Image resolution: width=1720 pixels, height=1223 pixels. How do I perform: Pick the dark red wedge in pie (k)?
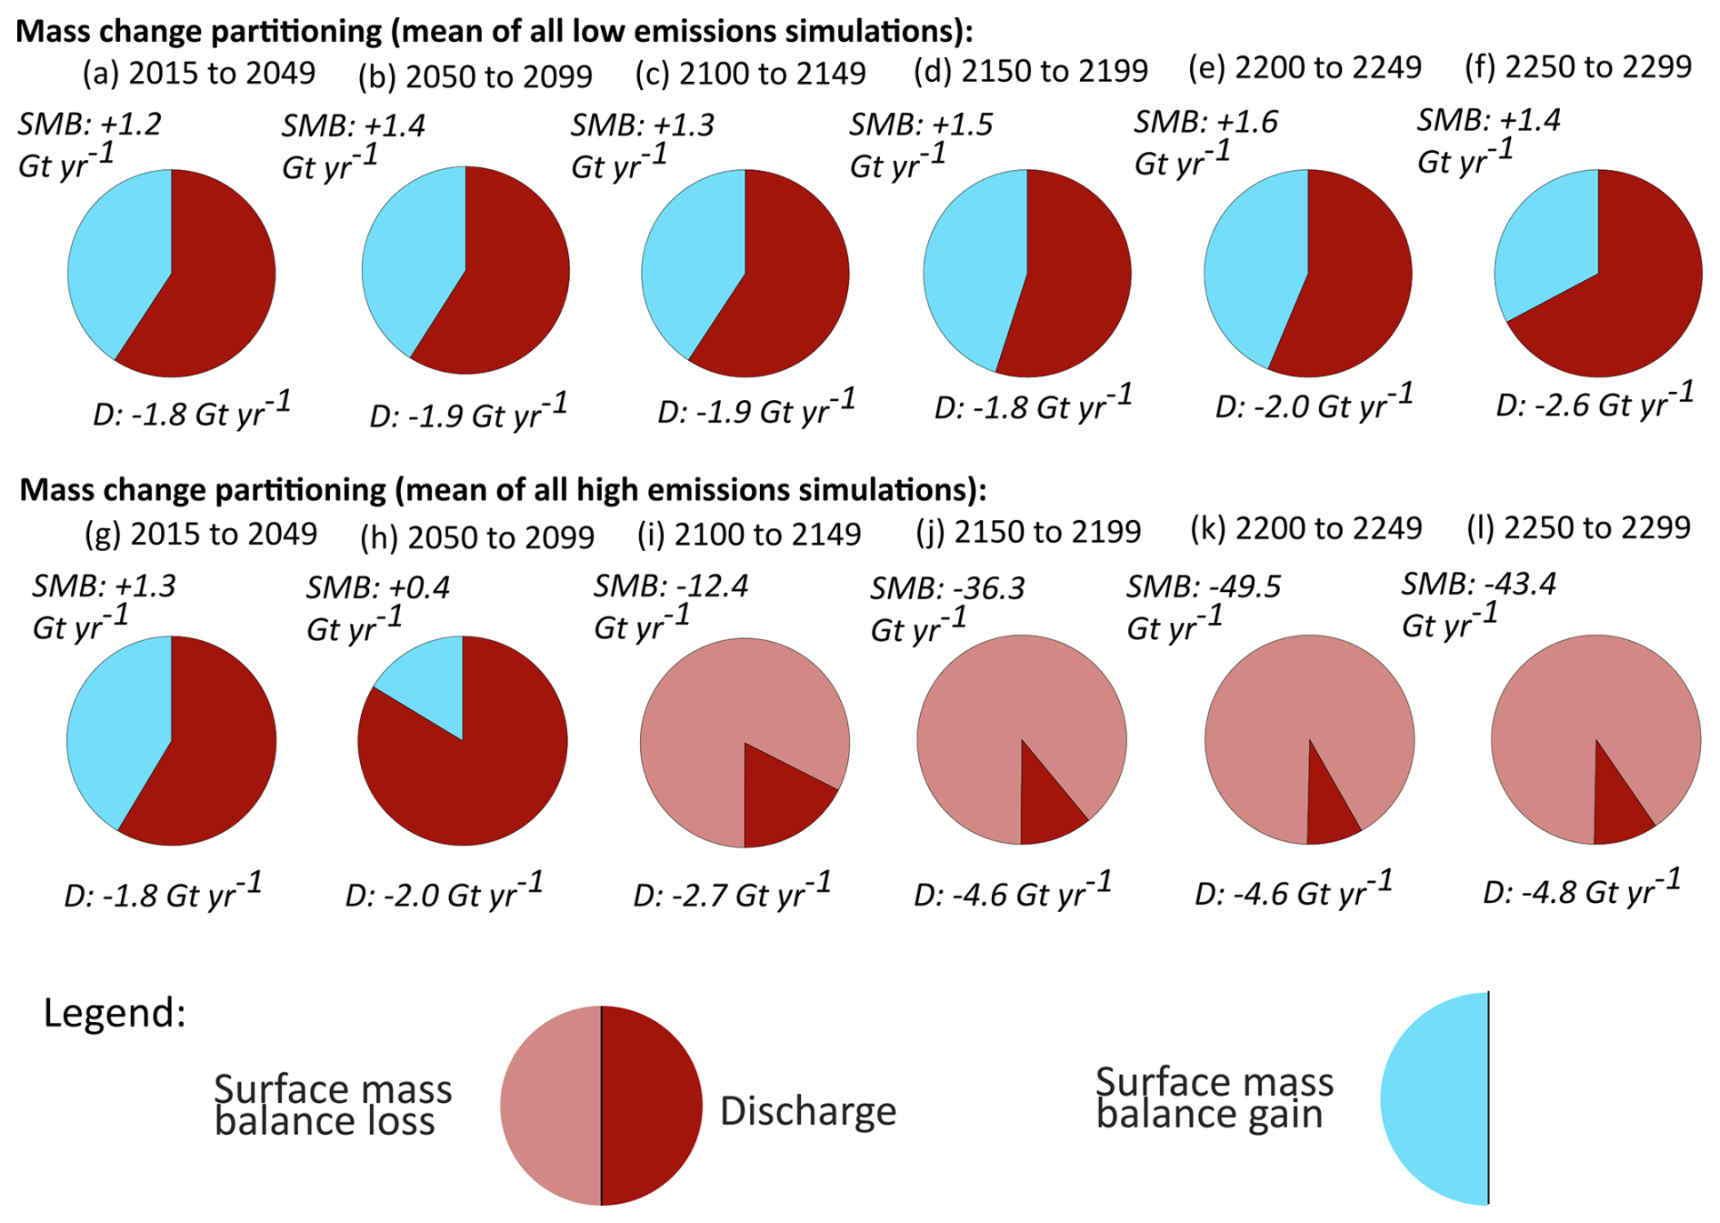(x=1329, y=805)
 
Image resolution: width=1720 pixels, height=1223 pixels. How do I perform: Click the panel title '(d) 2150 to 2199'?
(x=1031, y=71)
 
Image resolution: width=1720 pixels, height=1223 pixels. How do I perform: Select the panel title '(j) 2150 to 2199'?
(x=1028, y=532)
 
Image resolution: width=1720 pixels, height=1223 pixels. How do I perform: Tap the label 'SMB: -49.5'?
(x=1204, y=587)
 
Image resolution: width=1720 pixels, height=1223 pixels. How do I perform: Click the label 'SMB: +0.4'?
(x=378, y=588)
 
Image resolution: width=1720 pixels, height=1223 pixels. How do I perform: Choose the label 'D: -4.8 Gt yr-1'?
(x=1582, y=888)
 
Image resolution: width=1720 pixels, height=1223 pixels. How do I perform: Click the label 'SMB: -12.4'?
(x=671, y=586)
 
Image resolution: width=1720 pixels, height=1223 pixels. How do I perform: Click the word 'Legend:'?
(x=115, y=1013)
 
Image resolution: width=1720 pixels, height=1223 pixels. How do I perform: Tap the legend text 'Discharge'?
(x=808, y=1111)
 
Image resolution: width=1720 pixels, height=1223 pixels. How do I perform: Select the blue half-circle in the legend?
(x=1435, y=1098)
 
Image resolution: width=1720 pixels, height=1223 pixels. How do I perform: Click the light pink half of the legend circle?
(x=551, y=1106)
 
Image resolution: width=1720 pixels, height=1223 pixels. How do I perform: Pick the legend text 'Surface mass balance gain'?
(x=1215, y=1098)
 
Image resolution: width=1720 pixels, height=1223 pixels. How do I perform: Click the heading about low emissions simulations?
(x=495, y=31)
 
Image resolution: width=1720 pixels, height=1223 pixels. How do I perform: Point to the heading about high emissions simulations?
(x=503, y=490)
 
